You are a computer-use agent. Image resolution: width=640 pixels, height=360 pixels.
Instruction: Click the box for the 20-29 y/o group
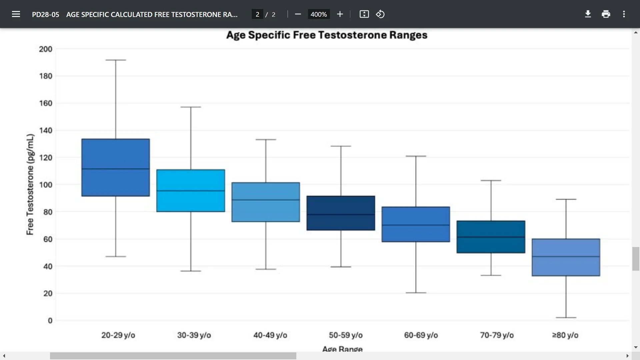click(x=116, y=153)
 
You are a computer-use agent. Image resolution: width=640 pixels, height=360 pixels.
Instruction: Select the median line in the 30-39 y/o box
click(x=191, y=191)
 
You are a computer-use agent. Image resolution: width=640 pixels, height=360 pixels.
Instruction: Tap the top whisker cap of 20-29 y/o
click(x=116, y=60)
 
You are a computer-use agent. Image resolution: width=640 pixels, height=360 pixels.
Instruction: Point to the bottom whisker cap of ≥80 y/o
click(x=566, y=317)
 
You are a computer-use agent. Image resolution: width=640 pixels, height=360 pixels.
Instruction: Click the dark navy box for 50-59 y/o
click(x=341, y=205)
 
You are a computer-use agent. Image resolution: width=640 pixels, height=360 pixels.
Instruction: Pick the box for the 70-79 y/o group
click(x=491, y=229)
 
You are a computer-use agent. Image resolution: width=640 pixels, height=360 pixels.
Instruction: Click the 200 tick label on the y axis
click(x=46, y=49)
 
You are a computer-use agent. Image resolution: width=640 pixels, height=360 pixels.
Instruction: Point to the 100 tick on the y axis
click(x=46, y=185)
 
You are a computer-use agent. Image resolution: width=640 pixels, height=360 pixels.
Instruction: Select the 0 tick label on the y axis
click(x=50, y=320)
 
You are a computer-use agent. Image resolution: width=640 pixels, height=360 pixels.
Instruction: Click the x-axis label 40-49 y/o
click(x=270, y=335)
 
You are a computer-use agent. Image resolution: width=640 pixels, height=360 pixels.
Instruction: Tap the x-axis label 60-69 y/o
click(x=421, y=335)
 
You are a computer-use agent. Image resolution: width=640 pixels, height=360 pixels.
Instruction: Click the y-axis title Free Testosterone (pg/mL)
click(x=30, y=184)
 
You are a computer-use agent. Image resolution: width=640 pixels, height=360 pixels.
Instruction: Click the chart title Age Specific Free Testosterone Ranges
click(x=327, y=35)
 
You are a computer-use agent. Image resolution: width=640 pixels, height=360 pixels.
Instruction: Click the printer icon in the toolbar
click(x=606, y=14)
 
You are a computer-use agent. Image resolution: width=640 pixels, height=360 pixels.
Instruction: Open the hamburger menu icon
click(x=16, y=14)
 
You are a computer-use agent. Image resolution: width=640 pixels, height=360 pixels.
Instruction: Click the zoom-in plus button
click(x=340, y=14)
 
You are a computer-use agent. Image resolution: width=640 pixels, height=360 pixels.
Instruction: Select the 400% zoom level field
click(x=319, y=14)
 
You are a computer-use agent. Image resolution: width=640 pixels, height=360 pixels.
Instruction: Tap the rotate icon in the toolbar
click(x=380, y=14)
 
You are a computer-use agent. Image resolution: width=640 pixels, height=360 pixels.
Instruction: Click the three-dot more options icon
click(x=624, y=14)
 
